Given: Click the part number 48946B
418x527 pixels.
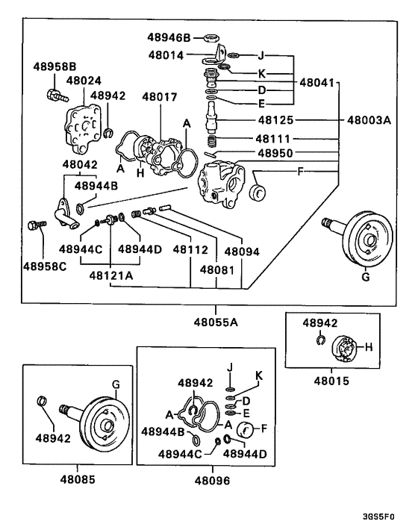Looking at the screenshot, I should click(169, 37).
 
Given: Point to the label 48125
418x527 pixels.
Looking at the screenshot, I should click(276, 119).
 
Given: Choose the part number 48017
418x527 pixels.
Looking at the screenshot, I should click(159, 96).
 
